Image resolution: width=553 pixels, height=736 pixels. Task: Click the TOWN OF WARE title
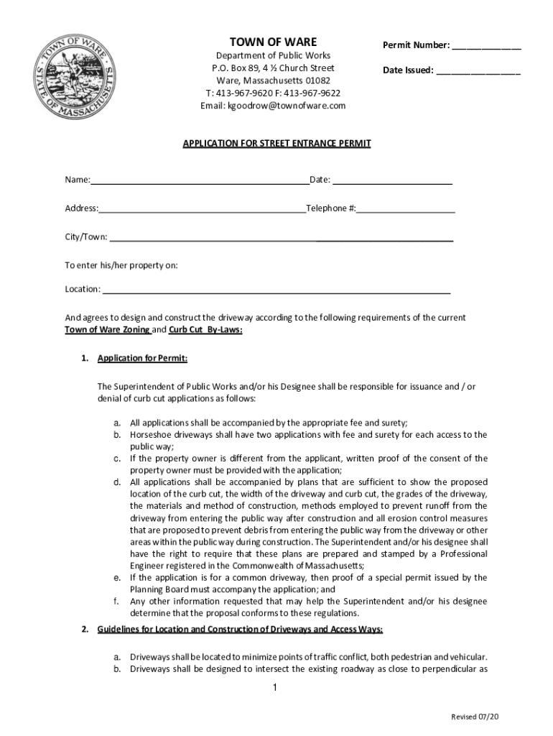[x=272, y=42]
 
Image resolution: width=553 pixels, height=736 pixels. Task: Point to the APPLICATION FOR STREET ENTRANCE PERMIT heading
[x=276, y=143]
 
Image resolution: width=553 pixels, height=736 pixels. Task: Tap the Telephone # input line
[x=406, y=209]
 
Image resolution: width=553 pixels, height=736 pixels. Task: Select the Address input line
[x=202, y=209]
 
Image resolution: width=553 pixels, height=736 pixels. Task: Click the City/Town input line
[x=281, y=238]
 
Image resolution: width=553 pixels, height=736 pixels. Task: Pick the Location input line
[x=276, y=290]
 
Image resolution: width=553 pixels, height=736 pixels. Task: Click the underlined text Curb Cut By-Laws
[x=205, y=330]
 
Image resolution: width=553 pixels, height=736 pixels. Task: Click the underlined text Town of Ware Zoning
[x=107, y=330]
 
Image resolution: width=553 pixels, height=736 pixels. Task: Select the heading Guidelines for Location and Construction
[x=240, y=630]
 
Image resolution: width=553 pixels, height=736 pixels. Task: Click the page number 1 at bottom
[x=274, y=689]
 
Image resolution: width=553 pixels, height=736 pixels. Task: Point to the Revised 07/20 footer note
[x=474, y=717]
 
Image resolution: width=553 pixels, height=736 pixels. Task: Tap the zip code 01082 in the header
[x=316, y=80]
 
